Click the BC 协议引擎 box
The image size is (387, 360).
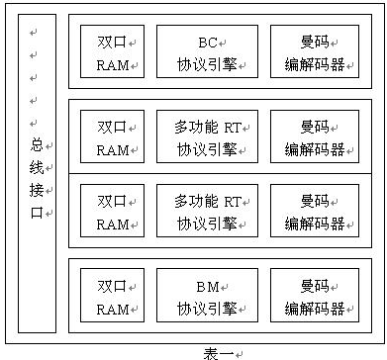(207, 51)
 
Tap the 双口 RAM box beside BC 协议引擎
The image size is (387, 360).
(112, 51)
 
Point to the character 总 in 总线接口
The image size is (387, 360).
(37, 144)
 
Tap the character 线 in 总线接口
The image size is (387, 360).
(37, 167)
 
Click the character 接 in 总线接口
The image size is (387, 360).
(37, 190)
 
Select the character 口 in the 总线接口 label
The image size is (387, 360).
(37, 213)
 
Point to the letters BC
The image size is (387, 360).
(207, 42)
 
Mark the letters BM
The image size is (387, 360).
(206, 286)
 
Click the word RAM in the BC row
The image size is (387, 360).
(112, 64)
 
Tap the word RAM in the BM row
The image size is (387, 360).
(112, 309)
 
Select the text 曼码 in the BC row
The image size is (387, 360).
(314, 42)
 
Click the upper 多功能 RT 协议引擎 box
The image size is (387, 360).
(207, 135)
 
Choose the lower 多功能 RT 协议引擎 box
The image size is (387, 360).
(207, 211)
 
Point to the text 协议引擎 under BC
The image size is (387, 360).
(206, 64)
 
